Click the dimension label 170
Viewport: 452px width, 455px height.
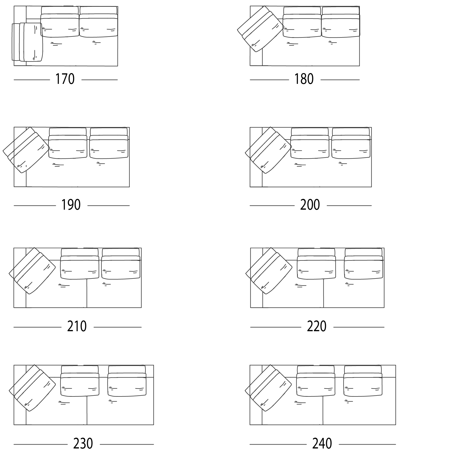[65, 79]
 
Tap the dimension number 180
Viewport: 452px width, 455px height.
[304, 79]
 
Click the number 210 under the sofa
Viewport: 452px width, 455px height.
[77, 326]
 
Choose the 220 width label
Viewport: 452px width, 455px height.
[317, 326]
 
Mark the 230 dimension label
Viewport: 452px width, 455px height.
[83, 443]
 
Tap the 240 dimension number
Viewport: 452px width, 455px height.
[322, 443]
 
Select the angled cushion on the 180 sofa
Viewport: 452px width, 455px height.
[261, 29]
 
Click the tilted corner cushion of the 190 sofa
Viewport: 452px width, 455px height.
[26, 150]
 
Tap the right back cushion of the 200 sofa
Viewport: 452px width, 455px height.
[351, 143]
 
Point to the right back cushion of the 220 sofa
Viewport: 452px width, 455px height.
[364, 264]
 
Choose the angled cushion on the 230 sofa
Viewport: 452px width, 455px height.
[32, 388]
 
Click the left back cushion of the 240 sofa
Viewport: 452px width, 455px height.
[316, 381]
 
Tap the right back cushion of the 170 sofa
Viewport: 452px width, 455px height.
[98, 22]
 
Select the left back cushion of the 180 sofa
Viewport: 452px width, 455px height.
[302, 22]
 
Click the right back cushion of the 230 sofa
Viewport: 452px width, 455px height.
[127, 381]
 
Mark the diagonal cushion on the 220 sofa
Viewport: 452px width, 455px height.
[269, 271]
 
